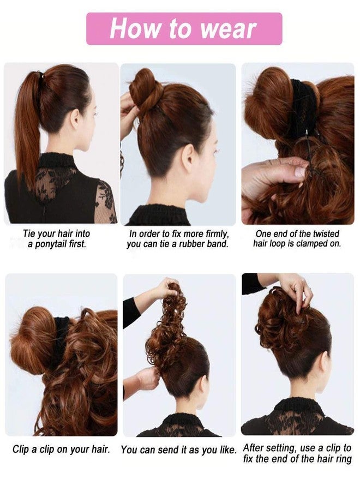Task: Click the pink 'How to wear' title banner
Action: (184, 28)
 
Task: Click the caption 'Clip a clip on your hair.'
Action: (61, 450)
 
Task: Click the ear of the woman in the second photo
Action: (190, 157)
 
